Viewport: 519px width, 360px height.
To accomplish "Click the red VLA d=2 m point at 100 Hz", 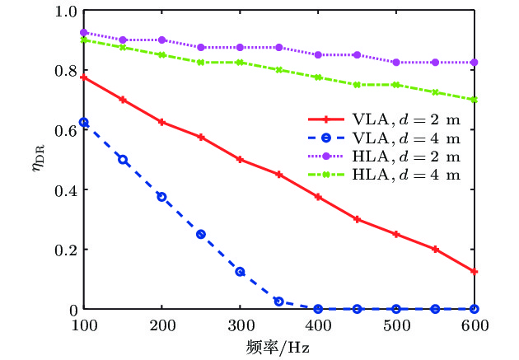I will pyautogui.click(x=83, y=77).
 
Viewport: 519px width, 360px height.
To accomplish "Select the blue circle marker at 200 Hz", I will pyautogui.click(x=161, y=197).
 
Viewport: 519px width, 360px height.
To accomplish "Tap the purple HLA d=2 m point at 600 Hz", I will pyautogui.click(x=475, y=63).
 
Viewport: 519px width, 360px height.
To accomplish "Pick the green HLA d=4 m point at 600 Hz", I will pyautogui.click(x=475, y=100).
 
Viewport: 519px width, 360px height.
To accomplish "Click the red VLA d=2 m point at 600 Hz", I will pyautogui.click(x=475, y=271).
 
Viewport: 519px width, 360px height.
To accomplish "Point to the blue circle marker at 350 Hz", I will pyautogui.click(x=279, y=302).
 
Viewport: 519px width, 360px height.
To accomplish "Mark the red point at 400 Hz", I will pyautogui.click(x=318, y=197).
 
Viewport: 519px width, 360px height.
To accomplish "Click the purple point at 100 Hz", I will pyautogui.click(x=83, y=33).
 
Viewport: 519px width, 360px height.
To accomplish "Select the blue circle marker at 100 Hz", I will pyautogui.click(x=83, y=122).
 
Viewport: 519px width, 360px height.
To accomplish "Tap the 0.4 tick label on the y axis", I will pyautogui.click(x=65, y=189).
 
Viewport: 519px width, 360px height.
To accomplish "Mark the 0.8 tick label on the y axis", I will pyautogui.click(x=65, y=70).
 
